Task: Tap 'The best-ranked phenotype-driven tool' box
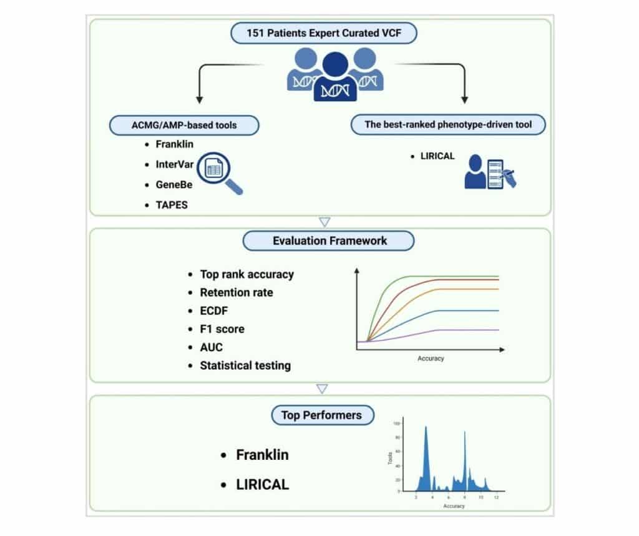[448, 124]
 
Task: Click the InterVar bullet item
[175, 164]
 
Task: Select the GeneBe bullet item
[173, 185]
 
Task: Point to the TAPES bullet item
[172, 205]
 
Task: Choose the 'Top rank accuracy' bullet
[246, 274]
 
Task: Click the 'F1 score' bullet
[222, 329]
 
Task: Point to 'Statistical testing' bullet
[245, 365]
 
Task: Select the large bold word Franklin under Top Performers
[262, 455]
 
